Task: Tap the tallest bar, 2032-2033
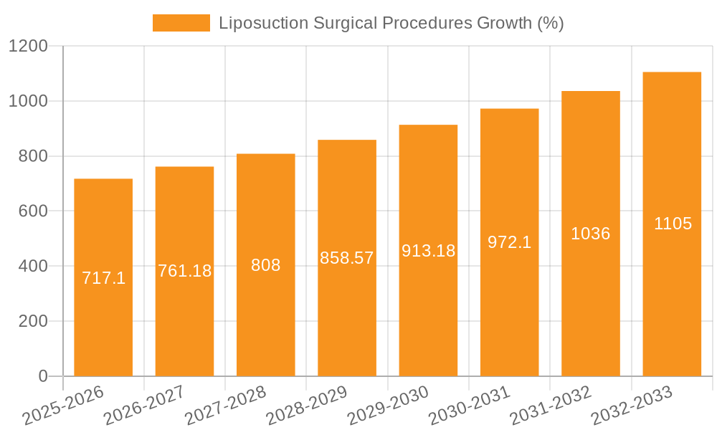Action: pyautogui.click(x=672, y=301)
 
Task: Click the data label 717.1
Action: pyautogui.click(x=103, y=278)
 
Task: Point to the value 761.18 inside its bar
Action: pyautogui.click(x=184, y=271)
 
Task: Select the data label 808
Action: pyautogui.click(x=265, y=265)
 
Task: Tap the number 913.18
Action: pyautogui.click(x=428, y=251)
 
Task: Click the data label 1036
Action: pyautogui.click(x=590, y=234)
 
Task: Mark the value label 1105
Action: pyautogui.click(x=672, y=224)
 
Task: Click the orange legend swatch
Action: pyautogui.click(x=181, y=23)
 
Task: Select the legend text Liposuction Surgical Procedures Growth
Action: pyautogui.click(x=391, y=23)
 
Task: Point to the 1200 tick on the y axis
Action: pyautogui.click(x=28, y=47)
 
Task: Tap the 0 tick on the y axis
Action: pyautogui.click(x=42, y=376)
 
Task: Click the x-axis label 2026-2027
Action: pyautogui.click(x=143, y=406)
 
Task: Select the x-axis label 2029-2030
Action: pyautogui.click(x=387, y=406)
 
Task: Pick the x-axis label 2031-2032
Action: pyautogui.click(x=550, y=406)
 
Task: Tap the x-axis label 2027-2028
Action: pyautogui.click(x=225, y=406)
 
